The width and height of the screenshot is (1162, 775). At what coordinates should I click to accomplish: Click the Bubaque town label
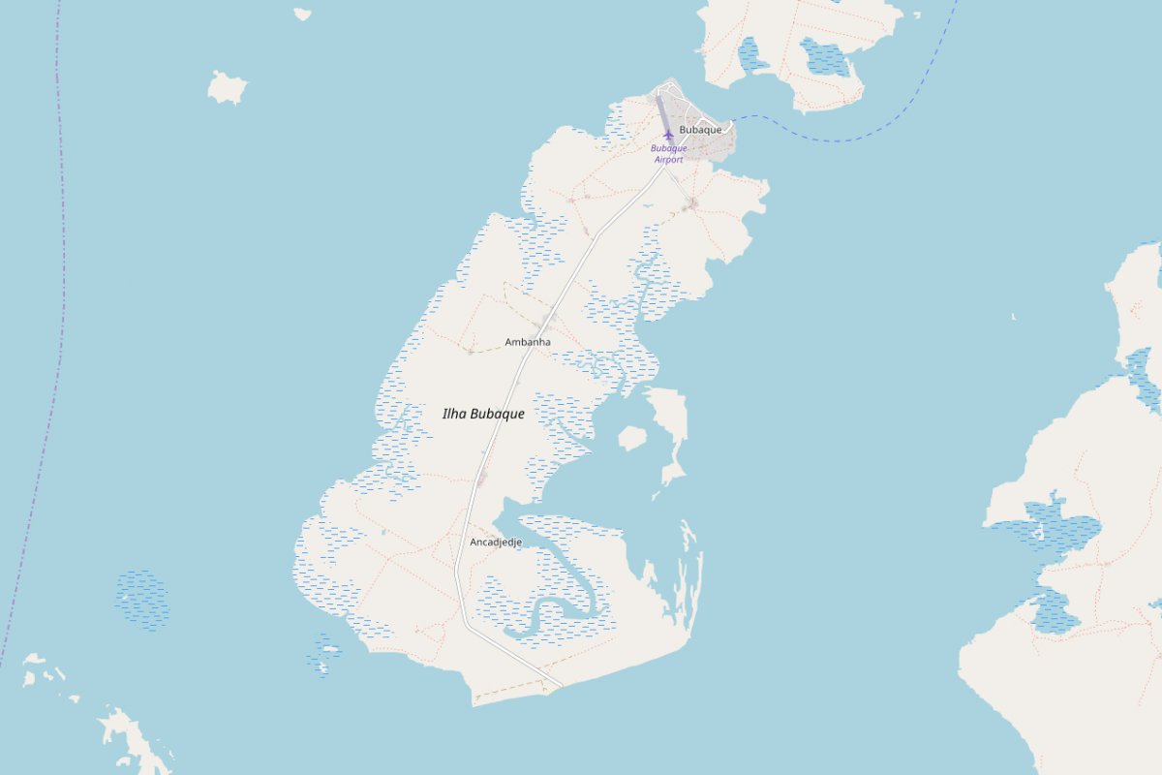coord(700,129)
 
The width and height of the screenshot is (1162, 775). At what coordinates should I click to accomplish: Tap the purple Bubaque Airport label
coord(668,154)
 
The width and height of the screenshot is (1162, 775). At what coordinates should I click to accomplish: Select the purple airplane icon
coord(668,135)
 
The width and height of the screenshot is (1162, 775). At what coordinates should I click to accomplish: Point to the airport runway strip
coord(662,111)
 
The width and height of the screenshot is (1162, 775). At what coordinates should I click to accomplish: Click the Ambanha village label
coord(528,342)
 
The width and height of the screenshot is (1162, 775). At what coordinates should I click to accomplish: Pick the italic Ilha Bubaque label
coord(483,414)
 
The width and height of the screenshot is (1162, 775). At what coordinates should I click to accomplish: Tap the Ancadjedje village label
coord(495,542)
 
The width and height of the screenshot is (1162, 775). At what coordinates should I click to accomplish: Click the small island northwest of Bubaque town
coord(227,88)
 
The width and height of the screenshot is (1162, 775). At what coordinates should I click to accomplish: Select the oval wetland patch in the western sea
coord(141,600)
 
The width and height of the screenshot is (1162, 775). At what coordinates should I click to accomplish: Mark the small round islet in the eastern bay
coord(631,439)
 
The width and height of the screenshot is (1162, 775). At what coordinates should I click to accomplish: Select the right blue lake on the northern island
coord(824,57)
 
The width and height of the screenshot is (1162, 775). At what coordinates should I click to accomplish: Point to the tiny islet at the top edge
coord(303,15)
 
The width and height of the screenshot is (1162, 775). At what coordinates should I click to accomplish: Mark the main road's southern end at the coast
coord(560,686)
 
